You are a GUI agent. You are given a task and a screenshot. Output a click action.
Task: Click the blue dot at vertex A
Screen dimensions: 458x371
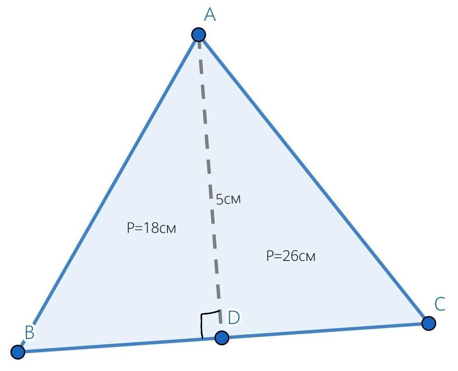(199, 34)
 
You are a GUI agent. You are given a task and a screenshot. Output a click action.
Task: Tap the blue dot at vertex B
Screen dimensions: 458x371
(18, 352)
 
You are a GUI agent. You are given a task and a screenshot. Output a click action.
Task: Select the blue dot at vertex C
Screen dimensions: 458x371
(429, 323)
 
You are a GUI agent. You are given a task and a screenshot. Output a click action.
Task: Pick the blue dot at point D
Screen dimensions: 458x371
(221, 337)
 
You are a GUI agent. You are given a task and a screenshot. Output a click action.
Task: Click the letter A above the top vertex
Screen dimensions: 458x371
(210, 15)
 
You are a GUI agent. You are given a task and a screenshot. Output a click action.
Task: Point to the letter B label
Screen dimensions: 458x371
(29, 333)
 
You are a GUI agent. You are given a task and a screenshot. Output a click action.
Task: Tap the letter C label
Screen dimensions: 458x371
(440, 304)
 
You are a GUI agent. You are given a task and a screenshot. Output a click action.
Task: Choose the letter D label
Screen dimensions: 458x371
(233, 318)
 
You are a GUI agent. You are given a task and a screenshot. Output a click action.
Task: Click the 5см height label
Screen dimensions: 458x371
(228, 199)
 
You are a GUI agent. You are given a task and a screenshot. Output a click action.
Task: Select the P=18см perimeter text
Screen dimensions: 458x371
(151, 228)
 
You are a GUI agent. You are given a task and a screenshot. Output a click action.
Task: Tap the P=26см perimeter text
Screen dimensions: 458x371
(291, 256)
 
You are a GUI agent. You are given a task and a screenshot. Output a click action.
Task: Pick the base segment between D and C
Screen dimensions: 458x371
(325, 330)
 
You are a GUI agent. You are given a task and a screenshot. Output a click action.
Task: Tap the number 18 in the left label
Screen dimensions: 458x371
(150, 228)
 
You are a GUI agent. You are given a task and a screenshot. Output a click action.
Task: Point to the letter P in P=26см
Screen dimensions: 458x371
(270, 256)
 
